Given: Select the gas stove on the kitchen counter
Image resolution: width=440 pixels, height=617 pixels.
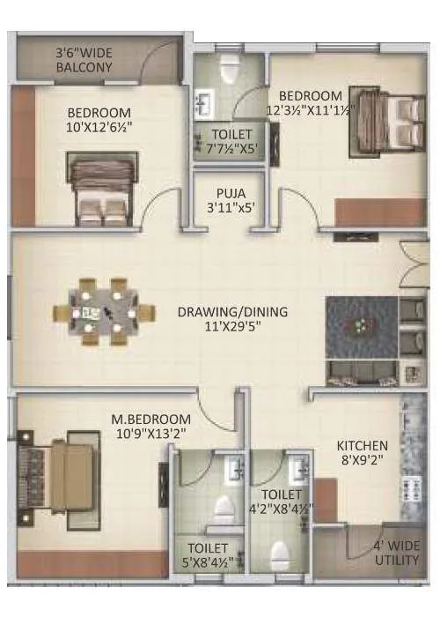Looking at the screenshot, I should click(411, 488).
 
